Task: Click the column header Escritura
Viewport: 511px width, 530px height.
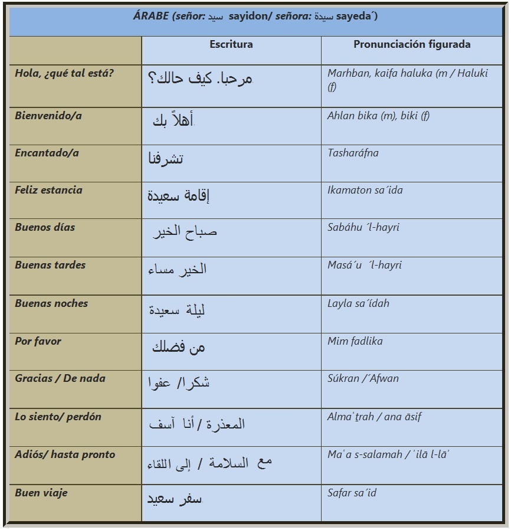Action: tap(231, 44)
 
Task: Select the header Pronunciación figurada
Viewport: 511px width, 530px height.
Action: tap(412, 44)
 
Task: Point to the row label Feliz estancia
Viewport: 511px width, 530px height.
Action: tap(49, 190)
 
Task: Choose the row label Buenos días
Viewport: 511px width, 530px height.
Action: tap(45, 227)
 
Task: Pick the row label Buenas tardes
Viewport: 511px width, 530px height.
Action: tap(50, 265)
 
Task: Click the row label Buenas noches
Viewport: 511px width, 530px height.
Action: tap(51, 303)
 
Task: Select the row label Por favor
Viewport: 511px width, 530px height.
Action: tap(38, 341)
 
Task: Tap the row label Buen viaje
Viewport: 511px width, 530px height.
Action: tap(41, 493)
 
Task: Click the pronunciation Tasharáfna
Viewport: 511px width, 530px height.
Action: tap(353, 153)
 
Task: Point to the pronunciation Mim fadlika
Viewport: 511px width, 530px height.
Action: tap(355, 341)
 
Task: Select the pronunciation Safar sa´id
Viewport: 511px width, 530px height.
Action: tap(352, 493)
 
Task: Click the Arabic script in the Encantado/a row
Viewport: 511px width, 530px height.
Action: tap(166, 159)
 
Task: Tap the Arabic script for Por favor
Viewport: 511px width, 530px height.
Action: tap(178, 347)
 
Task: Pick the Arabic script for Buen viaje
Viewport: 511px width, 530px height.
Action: tap(175, 499)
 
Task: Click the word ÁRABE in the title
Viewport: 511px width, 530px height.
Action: tap(151, 16)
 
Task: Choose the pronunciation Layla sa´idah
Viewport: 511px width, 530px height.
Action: tap(358, 303)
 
